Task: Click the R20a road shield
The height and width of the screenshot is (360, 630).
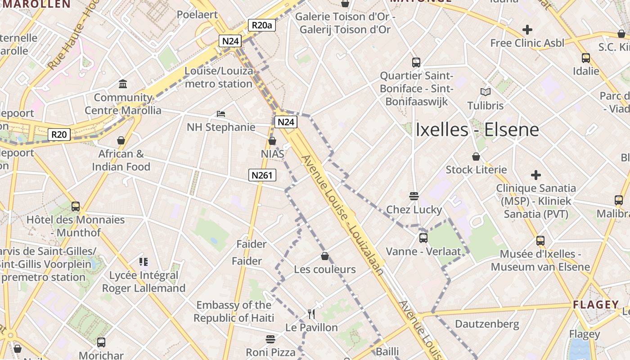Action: click(261, 25)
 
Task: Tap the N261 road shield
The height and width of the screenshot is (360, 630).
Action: click(262, 175)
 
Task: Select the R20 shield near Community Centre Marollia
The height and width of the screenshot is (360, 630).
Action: click(59, 134)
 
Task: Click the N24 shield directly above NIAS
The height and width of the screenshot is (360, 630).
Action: click(286, 121)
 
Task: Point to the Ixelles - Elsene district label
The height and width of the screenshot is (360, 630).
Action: click(477, 130)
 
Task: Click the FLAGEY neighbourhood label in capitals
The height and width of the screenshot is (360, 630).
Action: click(596, 305)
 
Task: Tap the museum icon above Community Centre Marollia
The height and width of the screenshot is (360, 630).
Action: click(123, 84)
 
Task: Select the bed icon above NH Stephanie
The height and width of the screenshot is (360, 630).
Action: click(221, 113)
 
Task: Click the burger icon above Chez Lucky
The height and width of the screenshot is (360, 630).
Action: click(414, 196)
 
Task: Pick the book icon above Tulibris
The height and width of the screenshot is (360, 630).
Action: click(485, 92)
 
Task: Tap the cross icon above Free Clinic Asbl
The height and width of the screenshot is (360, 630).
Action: click(527, 30)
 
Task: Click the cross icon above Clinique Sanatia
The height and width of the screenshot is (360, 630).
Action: click(535, 175)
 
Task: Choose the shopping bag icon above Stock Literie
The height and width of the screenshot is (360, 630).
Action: click(476, 157)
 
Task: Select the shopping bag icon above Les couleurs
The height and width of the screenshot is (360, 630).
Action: click(325, 256)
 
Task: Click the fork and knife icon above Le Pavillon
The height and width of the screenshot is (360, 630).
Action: click(311, 314)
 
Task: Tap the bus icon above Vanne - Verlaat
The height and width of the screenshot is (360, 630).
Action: click(423, 238)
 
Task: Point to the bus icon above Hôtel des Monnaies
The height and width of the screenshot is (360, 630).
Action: click(76, 207)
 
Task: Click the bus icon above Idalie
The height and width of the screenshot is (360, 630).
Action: click(585, 58)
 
